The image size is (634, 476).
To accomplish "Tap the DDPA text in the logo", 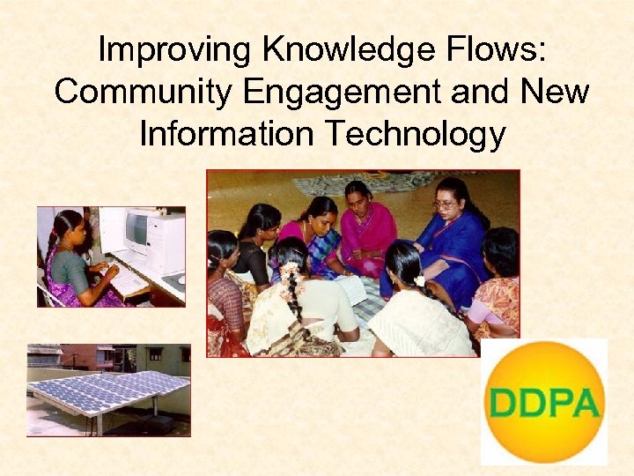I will click(x=546, y=403).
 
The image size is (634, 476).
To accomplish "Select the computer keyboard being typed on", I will click(x=126, y=279).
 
